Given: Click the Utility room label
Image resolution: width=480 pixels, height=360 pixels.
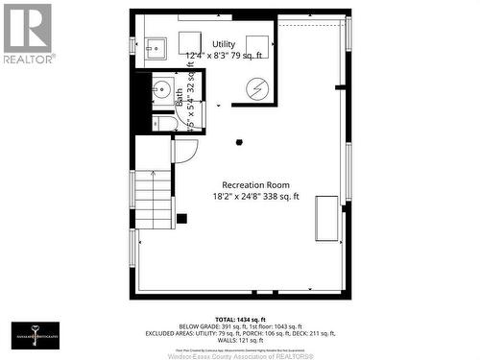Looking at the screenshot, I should point(224,45).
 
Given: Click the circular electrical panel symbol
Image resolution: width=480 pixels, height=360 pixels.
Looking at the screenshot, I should point(257,87).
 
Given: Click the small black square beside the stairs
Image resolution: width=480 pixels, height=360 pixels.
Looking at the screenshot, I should point(181,218).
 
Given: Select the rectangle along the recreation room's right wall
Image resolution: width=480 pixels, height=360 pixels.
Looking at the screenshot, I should point(326,217).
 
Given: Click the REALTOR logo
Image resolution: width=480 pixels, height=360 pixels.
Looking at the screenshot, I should point(28,34).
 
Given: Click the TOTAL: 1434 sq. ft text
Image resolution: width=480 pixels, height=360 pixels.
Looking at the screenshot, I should point(240,317).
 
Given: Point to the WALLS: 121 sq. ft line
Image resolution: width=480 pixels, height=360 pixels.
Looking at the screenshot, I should point(240,341).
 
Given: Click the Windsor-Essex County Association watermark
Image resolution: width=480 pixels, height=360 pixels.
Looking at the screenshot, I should point(240,351).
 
